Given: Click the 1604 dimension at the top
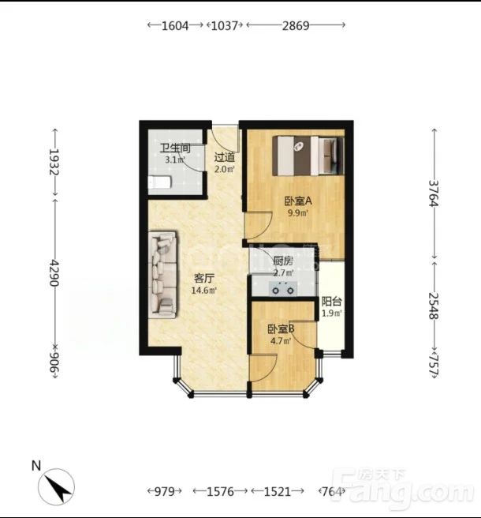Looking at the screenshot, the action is (x=175, y=25).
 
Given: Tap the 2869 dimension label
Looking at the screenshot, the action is (x=296, y=25).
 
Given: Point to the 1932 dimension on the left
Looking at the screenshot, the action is (x=54, y=162).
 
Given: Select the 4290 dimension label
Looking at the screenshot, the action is (x=54, y=273).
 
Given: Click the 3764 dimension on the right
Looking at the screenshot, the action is (x=434, y=193).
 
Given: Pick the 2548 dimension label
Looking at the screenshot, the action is (x=434, y=306).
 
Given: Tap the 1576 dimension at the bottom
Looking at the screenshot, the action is (x=220, y=492).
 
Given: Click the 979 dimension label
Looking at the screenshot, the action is (x=164, y=492).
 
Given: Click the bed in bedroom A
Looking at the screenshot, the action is (x=308, y=156).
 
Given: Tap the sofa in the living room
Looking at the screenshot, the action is (x=162, y=275).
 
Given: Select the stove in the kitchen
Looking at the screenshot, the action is (x=282, y=288).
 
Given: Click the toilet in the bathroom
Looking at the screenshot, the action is (x=159, y=182).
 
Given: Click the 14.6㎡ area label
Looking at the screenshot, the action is (x=204, y=291).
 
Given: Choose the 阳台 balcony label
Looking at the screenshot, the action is (x=331, y=302).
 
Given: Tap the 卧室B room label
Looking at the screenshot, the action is (x=281, y=329).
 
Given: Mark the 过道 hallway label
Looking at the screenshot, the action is (x=224, y=157).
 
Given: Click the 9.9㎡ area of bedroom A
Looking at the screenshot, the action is (x=298, y=212).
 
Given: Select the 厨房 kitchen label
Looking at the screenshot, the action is (x=283, y=261).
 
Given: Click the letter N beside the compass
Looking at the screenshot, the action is (x=36, y=465).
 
